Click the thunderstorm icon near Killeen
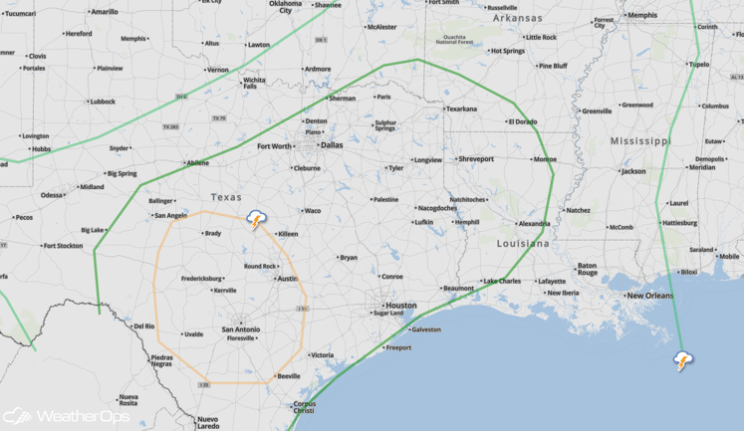(257, 220)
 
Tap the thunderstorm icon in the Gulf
(683, 360)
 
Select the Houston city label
(400, 306)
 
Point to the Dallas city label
(332, 144)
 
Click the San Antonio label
(241, 328)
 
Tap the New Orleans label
(649, 296)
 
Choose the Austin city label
(287, 279)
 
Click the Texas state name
(227, 197)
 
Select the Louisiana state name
(523, 243)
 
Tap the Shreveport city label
(475, 159)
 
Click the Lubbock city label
(102, 102)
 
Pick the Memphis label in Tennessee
(642, 15)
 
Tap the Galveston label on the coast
(425, 329)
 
